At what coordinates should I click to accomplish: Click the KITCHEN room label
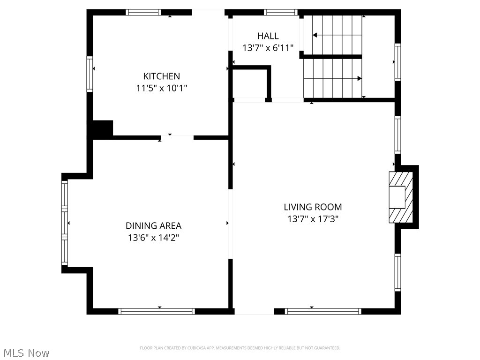(161, 76)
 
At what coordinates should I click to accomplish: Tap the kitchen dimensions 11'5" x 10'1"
(161, 88)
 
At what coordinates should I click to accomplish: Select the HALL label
(268, 36)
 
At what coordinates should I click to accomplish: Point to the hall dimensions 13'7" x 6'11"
(268, 47)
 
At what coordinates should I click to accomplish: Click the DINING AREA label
(153, 225)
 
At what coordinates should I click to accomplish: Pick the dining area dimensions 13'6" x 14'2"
(153, 237)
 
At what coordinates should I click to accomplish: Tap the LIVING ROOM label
(313, 207)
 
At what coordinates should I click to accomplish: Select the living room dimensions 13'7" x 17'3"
(313, 218)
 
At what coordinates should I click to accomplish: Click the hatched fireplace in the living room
(401, 197)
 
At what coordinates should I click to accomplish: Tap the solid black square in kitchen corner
(103, 129)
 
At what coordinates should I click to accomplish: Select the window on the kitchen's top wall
(144, 13)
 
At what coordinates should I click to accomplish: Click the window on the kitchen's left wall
(90, 74)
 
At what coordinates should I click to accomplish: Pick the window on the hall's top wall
(280, 13)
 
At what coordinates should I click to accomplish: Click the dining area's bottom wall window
(157, 311)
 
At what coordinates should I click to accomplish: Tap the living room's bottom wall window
(323, 311)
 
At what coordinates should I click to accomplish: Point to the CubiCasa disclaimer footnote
(240, 348)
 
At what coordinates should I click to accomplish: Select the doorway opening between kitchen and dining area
(177, 137)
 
